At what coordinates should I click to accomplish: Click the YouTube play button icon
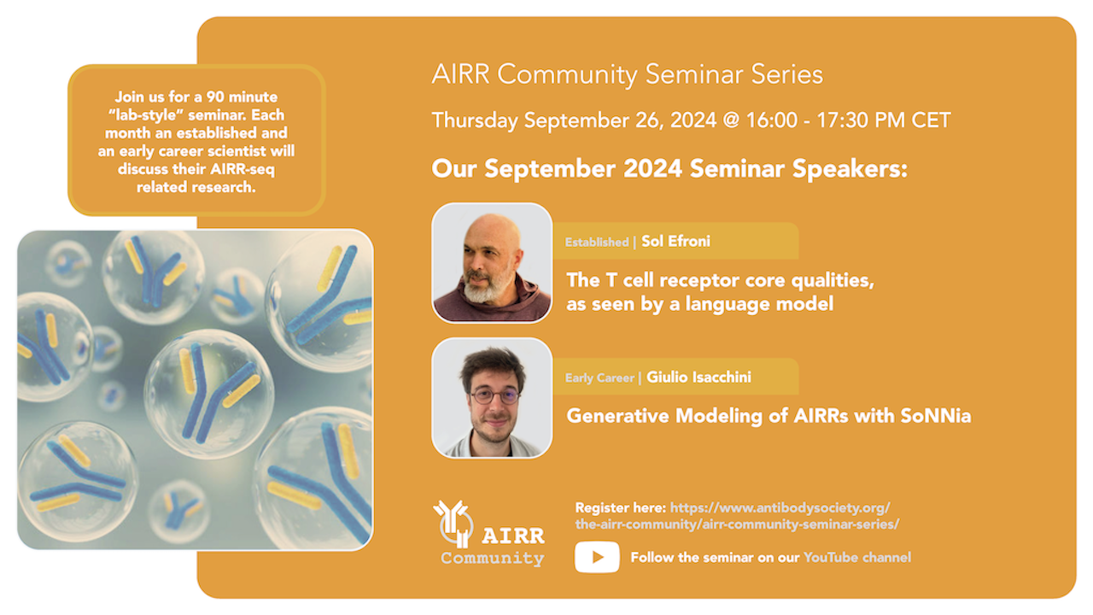pyautogui.click(x=597, y=557)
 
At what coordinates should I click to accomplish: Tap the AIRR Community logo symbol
pyautogui.click(x=453, y=524)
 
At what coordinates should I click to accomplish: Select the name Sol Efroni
pyautogui.click(x=675, y=241)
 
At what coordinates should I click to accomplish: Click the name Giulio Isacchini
pyautogui.click(x=698, y=377)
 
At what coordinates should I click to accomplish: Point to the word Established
pyautogui.click(x=597, y=242)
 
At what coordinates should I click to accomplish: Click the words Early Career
pyautogui.click(x=599, y=378)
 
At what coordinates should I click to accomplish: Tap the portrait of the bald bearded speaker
pyautogui.click(x=492, y=263)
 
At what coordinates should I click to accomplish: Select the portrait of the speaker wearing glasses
pyautogui.click(x=492, y=398)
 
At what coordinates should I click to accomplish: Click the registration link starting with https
pyautogui.click(x=737, y=516)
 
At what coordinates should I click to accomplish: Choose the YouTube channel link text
pyautogui.click(x=856, y=558)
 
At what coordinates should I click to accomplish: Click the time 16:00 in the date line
pyautogui.click(x=772, y=120)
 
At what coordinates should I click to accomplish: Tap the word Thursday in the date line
pyautogui.click(x=475, y=121)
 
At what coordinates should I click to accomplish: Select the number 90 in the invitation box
pyautogui.click(x=215, y=97)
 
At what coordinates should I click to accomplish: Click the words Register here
pyautogui.click(x=621, y=508)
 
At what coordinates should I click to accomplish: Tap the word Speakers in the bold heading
pyautogui.click(x=850, y=169)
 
